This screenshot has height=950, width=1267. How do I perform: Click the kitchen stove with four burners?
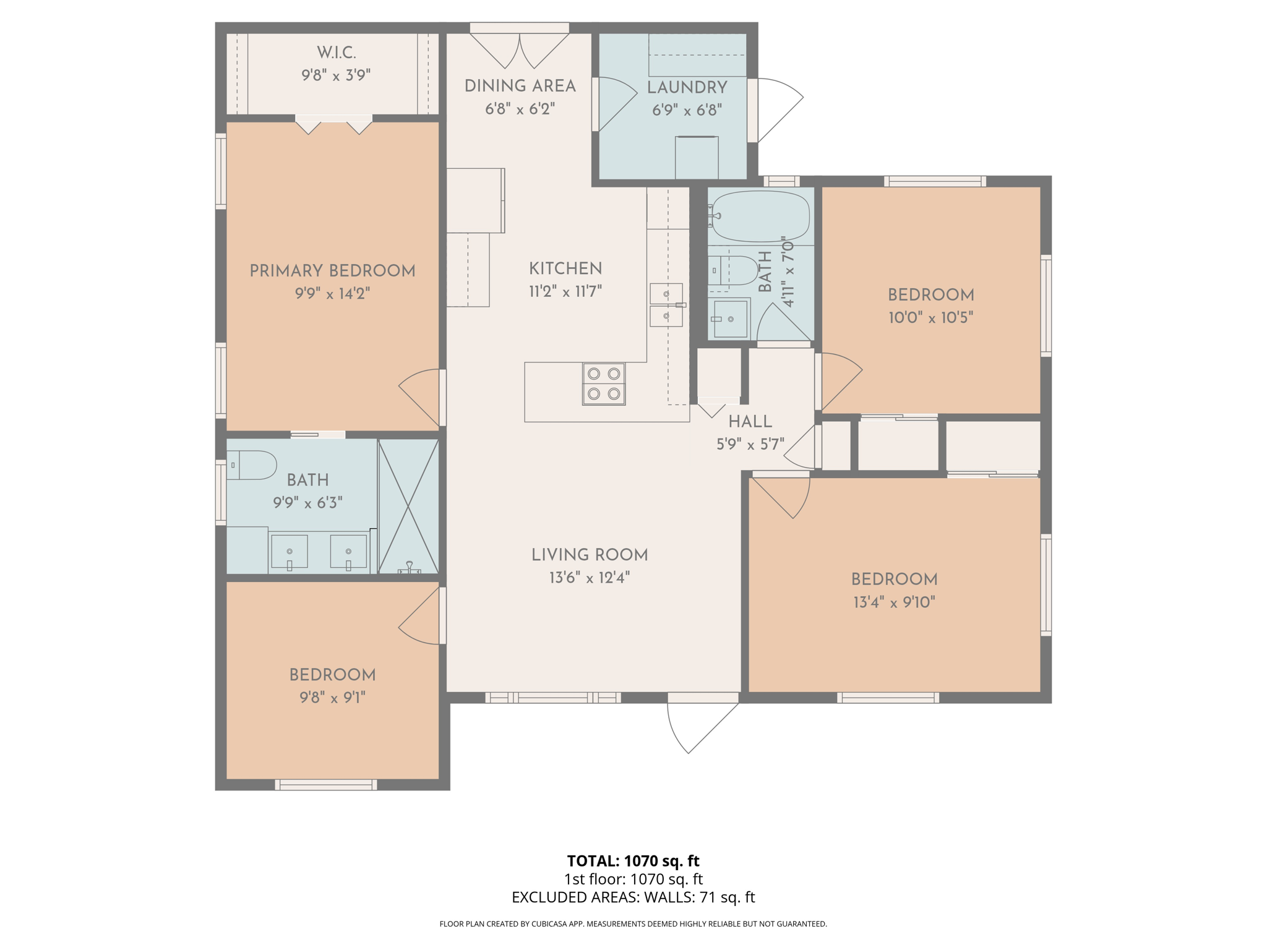tap(603, 383)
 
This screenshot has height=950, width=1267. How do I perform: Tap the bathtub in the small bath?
tap(760, 216)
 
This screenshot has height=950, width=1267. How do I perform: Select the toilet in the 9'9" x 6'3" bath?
tap(252, 465)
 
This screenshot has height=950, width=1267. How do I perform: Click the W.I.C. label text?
tap(336, 53)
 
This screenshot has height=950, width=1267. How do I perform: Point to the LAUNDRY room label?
tap(687, 88)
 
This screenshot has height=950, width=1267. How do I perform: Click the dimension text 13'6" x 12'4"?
tap(589, 578)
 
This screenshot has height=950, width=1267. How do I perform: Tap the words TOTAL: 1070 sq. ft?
tap(633, 860)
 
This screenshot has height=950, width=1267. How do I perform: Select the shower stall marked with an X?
tap(408, 506)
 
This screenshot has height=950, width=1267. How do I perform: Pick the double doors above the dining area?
tap(519, 49)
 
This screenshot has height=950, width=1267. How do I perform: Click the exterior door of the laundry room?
tap(776, 110)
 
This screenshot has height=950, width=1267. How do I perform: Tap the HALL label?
tap(750, 422)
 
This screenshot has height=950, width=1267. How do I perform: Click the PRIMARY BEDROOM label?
tap(332, 271)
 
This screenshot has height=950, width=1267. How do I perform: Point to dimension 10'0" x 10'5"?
tap(930, 318)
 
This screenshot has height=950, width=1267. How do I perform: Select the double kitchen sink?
tap(666, 305)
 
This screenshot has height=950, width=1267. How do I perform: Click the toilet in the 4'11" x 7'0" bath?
tap(734, 270)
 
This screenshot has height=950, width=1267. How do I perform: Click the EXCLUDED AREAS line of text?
tap(633, 897)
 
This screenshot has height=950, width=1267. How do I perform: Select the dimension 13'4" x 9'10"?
tap(894, 602)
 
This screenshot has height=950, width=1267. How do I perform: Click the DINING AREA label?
tap(520, 86)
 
